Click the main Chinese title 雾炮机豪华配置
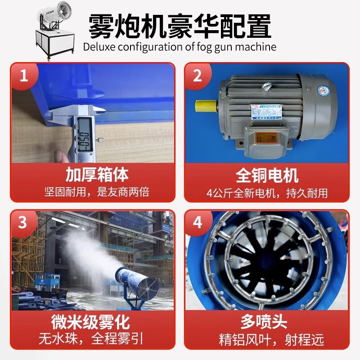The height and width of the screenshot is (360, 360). (180, 26)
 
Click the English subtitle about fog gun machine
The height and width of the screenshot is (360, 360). (180, 47)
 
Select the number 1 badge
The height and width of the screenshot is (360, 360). (23, 75)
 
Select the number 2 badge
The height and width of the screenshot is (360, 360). (197, 75)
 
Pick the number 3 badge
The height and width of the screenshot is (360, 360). (23, 223)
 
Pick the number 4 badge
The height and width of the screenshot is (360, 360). (197, 223)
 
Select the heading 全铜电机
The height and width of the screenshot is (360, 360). (267, 175)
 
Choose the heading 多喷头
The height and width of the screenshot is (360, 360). (267, 322)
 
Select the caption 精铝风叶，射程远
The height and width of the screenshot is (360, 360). (267, 340)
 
